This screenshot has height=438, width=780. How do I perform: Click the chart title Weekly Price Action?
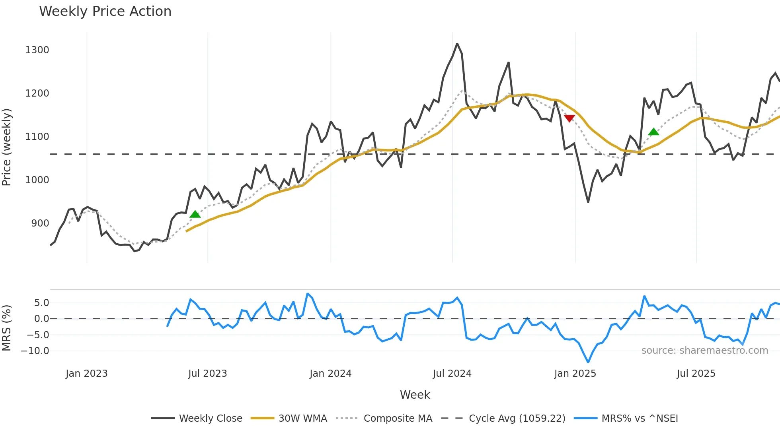[105, 12]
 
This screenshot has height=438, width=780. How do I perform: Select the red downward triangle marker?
[569, 118]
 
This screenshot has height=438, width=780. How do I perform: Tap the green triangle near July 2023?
[195, 214]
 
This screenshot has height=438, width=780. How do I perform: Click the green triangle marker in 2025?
[653, 132]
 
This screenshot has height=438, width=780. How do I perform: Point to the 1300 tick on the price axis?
[37, 50]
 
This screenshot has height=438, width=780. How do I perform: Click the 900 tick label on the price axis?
[40, 223]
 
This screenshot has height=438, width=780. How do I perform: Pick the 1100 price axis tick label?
[37, 137]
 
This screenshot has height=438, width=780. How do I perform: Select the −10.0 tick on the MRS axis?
[35, 351]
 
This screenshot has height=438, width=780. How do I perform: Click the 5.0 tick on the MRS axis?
[41, 303]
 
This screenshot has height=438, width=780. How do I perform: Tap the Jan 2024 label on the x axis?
[330, 374]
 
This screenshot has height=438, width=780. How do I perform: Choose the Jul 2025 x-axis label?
[696, 374]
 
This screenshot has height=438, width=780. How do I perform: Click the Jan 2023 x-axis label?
[86, 374]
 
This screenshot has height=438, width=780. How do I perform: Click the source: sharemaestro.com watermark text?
[704, 351]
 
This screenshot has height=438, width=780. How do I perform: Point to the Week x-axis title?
[415, 395]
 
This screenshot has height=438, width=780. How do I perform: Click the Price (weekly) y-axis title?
[6, 147]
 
